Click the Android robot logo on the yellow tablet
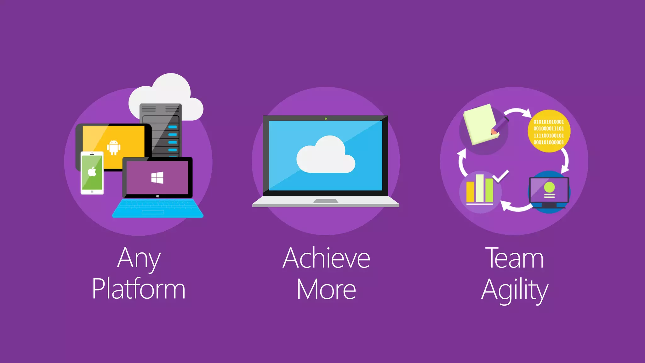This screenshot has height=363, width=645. pos(113,147)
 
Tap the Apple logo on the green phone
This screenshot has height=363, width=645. pos(92,172)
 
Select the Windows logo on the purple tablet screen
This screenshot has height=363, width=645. pos(157,177)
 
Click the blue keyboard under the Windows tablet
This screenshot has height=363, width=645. pos(157,208)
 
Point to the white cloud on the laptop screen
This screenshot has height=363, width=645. pos(326,156)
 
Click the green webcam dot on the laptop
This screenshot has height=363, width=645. pos(326,118)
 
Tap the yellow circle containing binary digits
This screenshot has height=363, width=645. pos(549,131)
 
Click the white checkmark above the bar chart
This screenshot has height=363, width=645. pos(501,176)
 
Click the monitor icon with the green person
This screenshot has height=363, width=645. pos(549,191)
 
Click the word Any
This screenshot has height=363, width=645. pos(139,259)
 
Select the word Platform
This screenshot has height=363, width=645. pos(139,289)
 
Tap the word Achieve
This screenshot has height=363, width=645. pos(326,258)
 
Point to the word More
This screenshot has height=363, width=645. pos(326,289)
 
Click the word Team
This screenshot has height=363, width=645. pos(514,258)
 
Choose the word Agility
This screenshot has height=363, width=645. pos(515,290)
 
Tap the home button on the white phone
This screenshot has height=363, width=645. pos(92,192)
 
